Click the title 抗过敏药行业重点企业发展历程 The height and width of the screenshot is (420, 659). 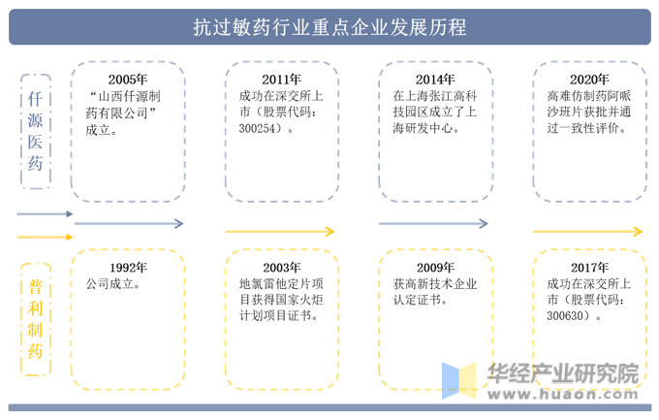[329, 27]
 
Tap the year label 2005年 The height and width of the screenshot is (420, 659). [128, 80]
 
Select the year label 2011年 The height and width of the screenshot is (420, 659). [282, 80]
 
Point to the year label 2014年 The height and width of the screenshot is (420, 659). [435, 80]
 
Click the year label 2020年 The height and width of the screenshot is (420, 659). [589, 80]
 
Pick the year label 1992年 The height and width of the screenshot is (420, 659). [128, 268]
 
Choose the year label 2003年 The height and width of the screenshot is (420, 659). [282, 268]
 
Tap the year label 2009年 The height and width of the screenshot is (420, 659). [435, 268]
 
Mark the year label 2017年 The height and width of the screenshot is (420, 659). [589, 268]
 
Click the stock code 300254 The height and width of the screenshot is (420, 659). [257, 128]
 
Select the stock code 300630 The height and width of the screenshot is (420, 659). [565, 315]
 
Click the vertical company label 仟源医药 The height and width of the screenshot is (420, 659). [35, 131]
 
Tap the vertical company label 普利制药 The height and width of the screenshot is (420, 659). [35, 319]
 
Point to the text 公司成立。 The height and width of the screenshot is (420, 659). [113, 284]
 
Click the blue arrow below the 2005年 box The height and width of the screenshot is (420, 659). [129, 223]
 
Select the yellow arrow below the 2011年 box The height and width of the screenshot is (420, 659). [280, 231]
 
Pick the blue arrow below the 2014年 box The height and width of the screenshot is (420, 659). [434, 223]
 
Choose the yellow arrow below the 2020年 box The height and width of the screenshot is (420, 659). [588, 231]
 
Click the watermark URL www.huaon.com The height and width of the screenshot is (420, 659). [563, 395]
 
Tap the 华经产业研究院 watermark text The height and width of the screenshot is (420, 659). [563, 372]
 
